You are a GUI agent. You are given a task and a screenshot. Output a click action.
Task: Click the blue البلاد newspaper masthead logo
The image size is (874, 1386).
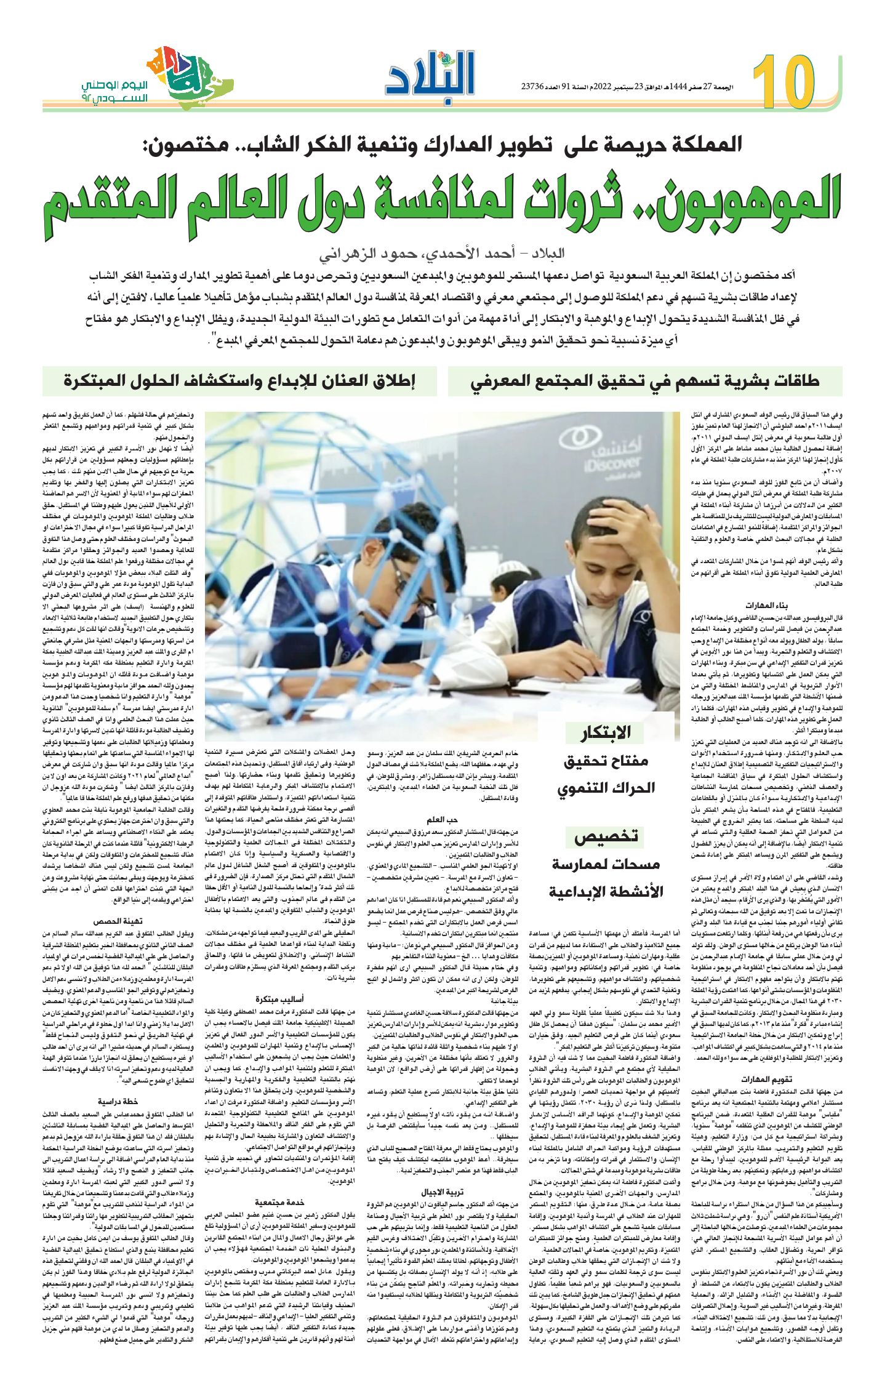coord(431,74)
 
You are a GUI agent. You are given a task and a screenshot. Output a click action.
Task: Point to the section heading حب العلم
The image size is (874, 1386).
coord(443,820)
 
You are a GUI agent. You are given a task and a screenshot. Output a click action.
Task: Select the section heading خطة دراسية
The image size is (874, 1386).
coord(119,1100)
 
